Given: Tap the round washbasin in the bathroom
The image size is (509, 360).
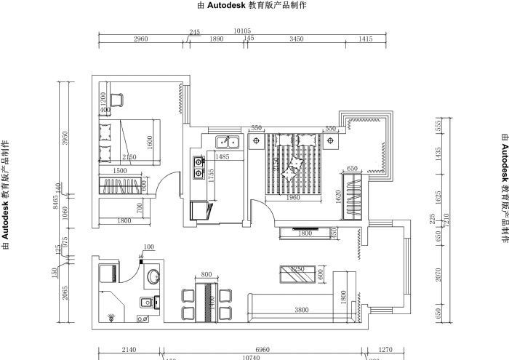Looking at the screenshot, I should [x=154, y=277].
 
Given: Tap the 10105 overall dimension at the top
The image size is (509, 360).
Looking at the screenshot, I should [x=242, y=32].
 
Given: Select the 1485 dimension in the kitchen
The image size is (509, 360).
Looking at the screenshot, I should [x=223, y=157].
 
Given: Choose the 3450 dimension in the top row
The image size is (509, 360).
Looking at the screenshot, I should [x=296, y=39].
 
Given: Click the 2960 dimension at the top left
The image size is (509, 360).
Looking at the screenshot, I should [x=141, y=39].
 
